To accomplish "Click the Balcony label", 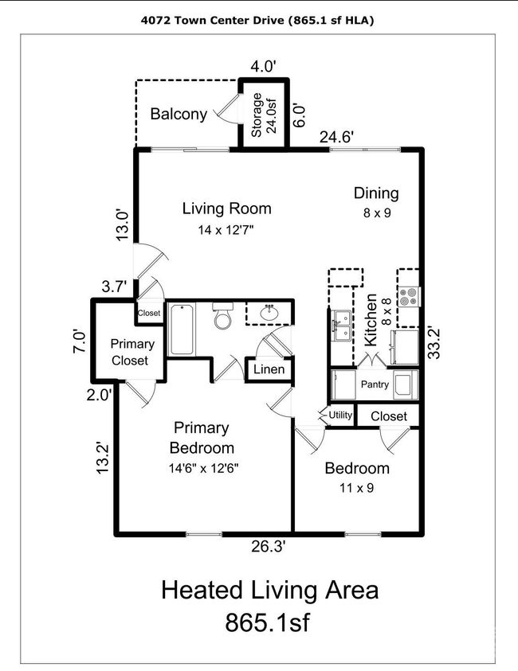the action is pyautogui.click(x=179, y=114).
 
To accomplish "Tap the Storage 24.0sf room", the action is pyautogui.click(x=264, y=114).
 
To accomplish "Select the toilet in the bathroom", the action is pyautogui.click(x=223, y=315).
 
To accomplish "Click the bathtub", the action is pyautogui.click(x=182, y=329).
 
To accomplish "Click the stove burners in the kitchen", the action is pyautogui.click(x=407, y=296).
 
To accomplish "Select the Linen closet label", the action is pyautogui.click(x=269, y=369).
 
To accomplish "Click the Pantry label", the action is pyautogui.click(x=375, y=384).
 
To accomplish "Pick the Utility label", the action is pyautogui.click(x=340, y=415).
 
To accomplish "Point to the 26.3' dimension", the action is pyautogui.click(x=269, y=547).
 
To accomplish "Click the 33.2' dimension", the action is pyautogui.click(x=434, y=343).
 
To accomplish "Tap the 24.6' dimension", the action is pyautogui.click(x=337, y=138).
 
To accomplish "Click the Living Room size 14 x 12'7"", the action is pyautogui.click(x=226, y=230).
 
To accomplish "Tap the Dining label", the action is pyautogui.click(x=376, y=193).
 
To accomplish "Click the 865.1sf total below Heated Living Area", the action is pyautogui.click(x=267, y=622).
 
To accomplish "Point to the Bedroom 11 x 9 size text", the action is pyautogui.click(x=357, y=487).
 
